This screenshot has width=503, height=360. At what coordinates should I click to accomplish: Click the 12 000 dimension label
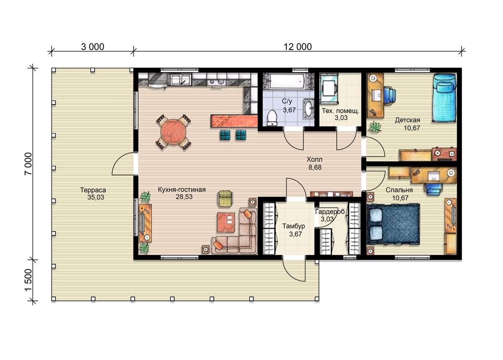(x=298, y=47)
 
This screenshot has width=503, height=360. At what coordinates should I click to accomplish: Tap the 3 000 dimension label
(x=93, y=47)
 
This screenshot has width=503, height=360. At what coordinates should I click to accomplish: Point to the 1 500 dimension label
(x=29, y=280)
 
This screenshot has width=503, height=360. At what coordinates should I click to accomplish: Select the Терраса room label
(x=93, y=190)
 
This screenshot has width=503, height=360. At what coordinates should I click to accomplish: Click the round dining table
(x=174, y=132)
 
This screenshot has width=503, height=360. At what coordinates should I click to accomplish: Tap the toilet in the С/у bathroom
(x=272, y=117)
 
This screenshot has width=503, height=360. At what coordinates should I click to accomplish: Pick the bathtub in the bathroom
(x=287, y=81)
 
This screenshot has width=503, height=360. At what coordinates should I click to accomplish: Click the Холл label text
(x=314, y=159)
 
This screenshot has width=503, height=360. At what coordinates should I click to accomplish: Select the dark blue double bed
(x=393, y=224)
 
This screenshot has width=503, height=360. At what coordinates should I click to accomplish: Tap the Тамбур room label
(x=293, y=226)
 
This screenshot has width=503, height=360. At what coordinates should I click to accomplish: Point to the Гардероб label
(x=330, y=212)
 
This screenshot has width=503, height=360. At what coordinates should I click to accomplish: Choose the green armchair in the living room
(x=225, y=198)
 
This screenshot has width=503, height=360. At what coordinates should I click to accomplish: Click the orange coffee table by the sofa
(x=226, y=222)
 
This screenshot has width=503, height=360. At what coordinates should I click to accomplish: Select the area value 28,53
(x=184, y=197)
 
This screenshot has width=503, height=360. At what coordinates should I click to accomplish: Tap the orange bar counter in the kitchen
(x=234, y=121)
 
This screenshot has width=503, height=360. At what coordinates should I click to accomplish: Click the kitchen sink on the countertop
(x=181, y=80)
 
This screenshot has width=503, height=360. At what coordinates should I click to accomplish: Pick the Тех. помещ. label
(x=341, y=111)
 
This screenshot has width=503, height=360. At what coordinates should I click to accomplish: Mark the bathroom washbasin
(x=309, y=109)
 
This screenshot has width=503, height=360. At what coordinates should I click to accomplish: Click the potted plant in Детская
(x=374, y=127)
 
